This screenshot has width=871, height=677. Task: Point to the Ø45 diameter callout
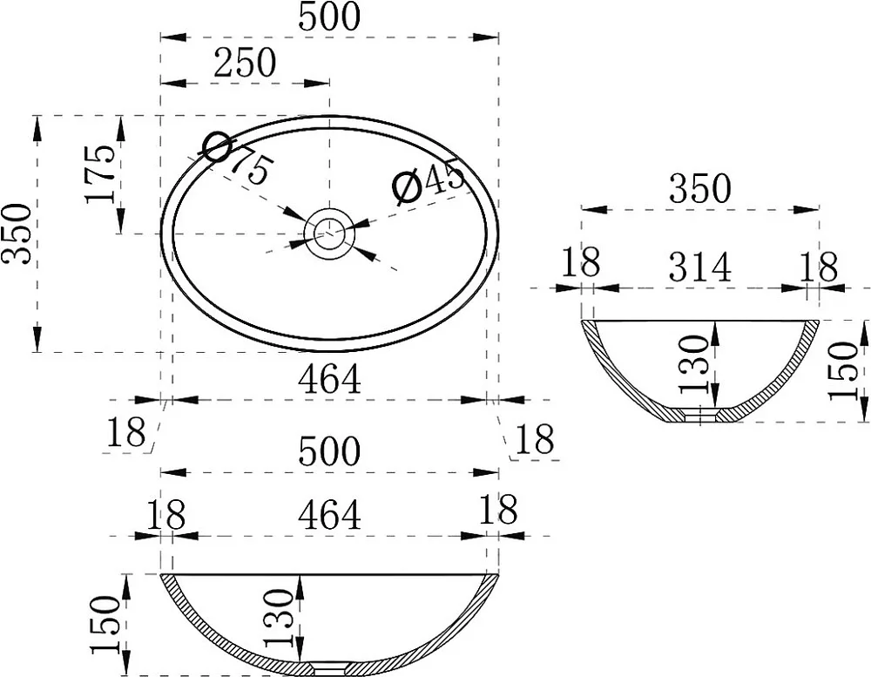(429, 180)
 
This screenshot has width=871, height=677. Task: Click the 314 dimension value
(699, 267)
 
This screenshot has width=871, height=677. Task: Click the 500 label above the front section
(329, 450)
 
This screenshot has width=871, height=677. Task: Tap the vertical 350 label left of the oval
(16, 234)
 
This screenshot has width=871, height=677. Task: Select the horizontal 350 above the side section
(699, 188)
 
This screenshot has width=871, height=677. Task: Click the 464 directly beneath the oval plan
(329, 380)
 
